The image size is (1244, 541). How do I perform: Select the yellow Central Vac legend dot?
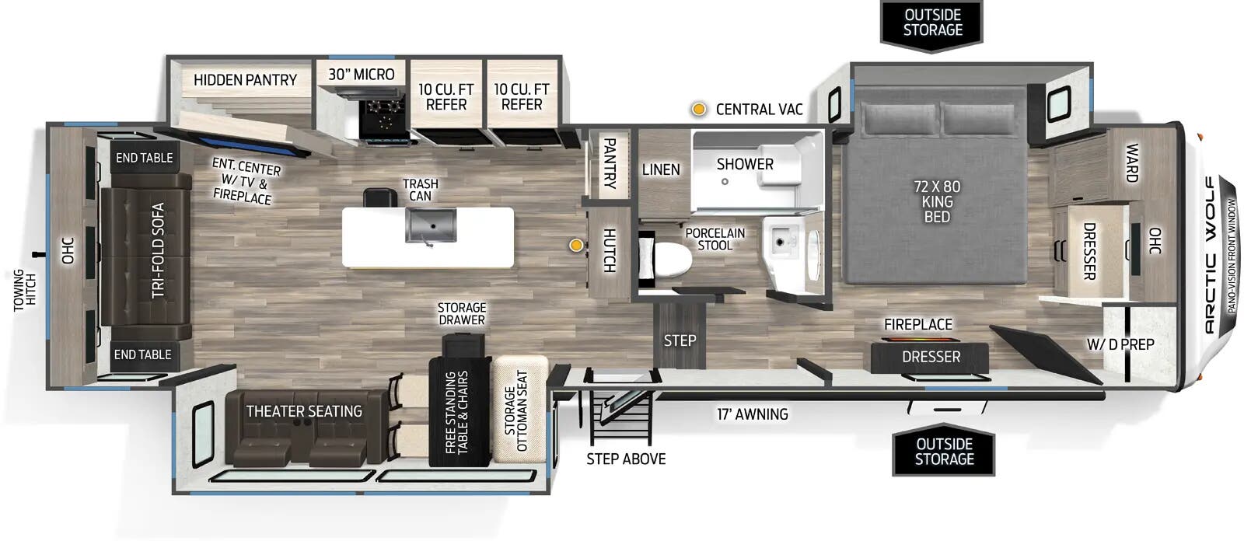coord(699,110)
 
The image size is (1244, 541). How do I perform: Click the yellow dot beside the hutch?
coord(576,246)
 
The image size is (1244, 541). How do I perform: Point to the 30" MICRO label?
coord(362,75)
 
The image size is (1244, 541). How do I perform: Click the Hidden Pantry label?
coord(245,80)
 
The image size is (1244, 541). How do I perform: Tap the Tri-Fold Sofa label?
coord(158,250)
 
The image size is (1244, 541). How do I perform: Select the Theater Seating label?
coord(304,411)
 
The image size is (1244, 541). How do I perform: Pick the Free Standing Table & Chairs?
coord(459,412)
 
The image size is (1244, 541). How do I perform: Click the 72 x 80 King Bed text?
coord(937,201)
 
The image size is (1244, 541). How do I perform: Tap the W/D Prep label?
coord(1120,344)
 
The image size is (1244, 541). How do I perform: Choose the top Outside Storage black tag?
coord(932,23)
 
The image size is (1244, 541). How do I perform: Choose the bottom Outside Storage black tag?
coord(944,452)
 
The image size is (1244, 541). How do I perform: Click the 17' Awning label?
coord(752,414)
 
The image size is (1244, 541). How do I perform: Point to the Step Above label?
coord(626,459)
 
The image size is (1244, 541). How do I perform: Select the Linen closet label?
coord(661,169)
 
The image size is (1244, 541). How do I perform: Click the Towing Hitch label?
coord(25,290)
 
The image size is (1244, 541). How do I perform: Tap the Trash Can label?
coord(421,190)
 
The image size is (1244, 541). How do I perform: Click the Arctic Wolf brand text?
coord(1210,256)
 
